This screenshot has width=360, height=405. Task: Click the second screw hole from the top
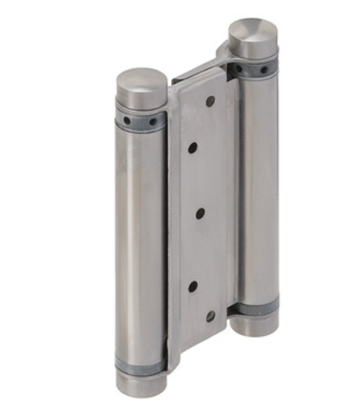(193, 148)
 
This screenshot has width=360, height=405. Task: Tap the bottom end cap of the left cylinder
(141, 384)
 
